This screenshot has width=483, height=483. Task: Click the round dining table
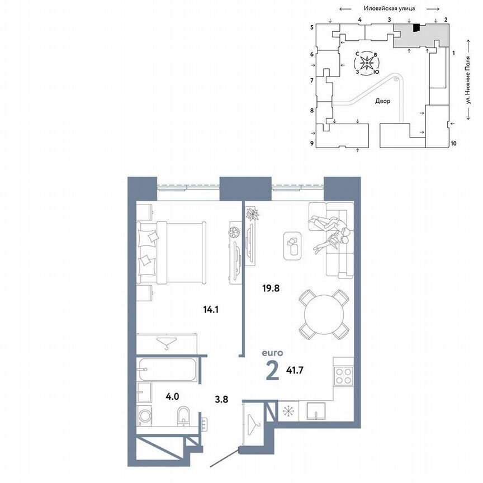323,313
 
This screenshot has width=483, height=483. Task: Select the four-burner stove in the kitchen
342,375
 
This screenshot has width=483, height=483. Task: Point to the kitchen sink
317,411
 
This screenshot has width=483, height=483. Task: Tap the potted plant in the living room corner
253,214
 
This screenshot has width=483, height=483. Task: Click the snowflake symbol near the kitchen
288,411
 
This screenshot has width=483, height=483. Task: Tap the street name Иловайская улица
389,8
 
